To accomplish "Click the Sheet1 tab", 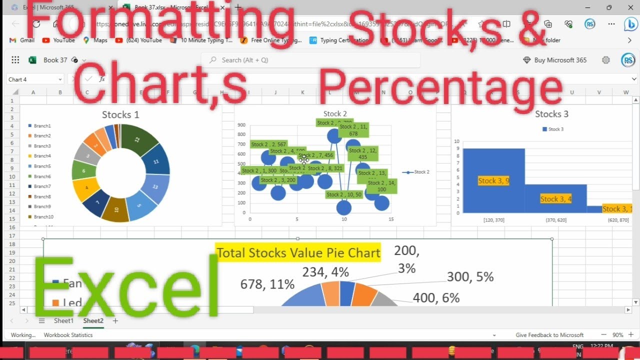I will coord(63,321).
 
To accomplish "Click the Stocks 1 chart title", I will coord(120,115).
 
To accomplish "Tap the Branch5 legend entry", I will coord(42,166).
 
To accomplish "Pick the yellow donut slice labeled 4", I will coord(86,188).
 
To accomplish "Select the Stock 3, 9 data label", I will coord(493,181).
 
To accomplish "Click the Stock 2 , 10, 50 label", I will coord(343,195).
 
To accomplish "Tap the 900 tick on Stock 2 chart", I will coord(241,125).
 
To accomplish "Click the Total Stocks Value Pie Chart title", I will coord(298,253).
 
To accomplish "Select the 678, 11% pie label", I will coord(267,284).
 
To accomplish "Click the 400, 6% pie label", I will coord(436,298).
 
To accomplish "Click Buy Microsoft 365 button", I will coord(555,60).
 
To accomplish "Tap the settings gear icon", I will coord(606,60).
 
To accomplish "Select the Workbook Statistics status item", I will coord(68,335).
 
